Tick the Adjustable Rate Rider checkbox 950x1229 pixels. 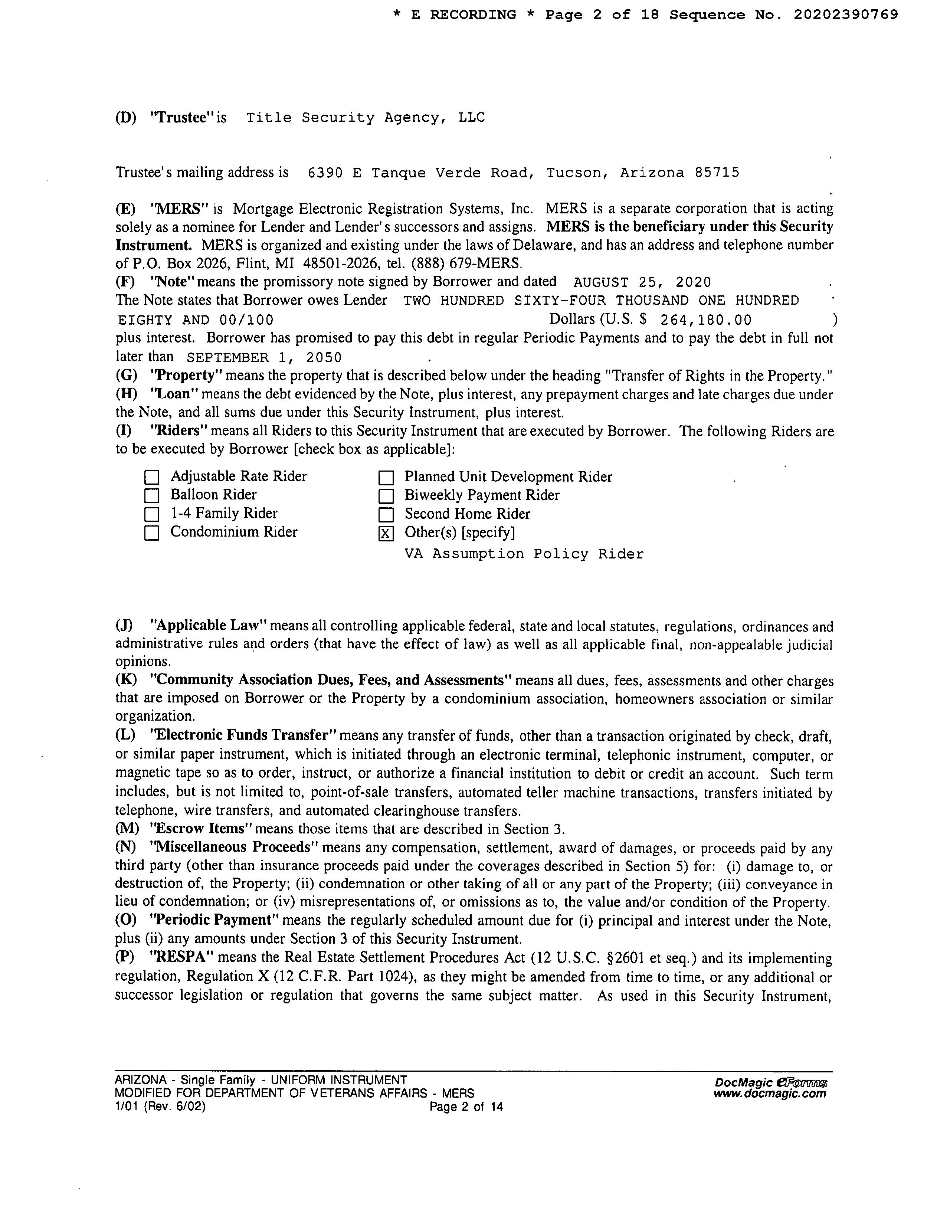point(152,478)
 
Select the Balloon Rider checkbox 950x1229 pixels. point(152,496)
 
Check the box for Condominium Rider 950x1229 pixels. point(152,533)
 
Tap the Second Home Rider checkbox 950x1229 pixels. point(386,514)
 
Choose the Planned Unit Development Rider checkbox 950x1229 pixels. point(386,478)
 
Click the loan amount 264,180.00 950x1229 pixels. point(706,320)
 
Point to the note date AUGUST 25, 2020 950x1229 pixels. point(642,282)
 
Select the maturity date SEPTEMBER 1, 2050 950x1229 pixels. point(264,358)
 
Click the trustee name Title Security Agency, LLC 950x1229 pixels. point(365,118)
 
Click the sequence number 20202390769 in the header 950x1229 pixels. point(845,14)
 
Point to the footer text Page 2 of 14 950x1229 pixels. point(466,1107)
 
